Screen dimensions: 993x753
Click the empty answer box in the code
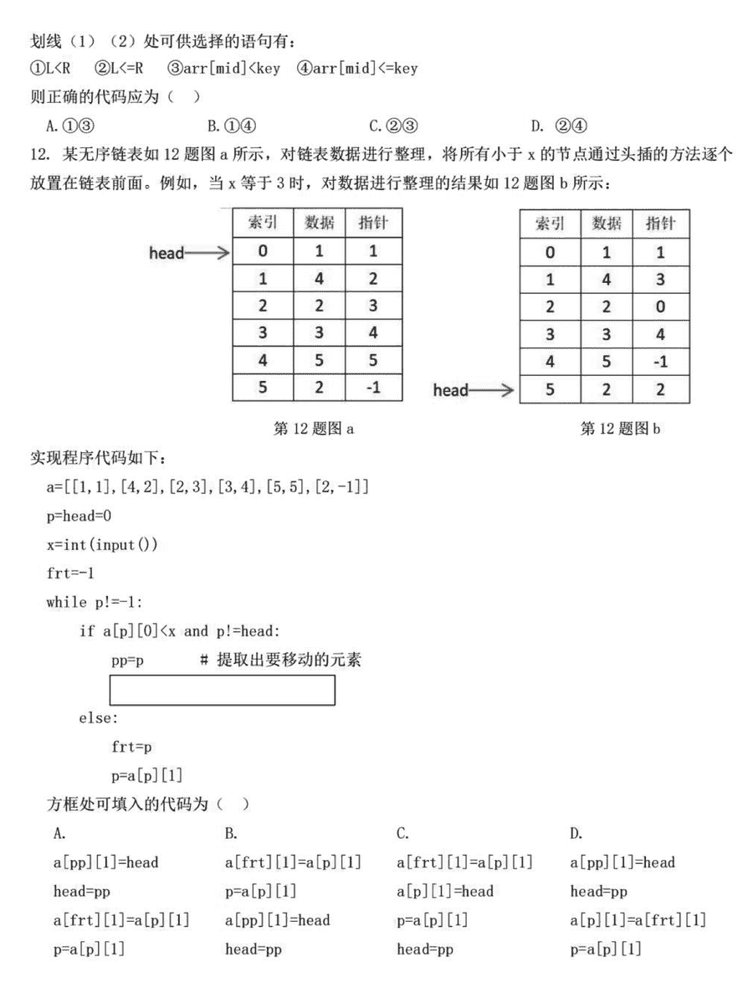tap(223, 689)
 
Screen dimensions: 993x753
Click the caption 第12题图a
tap(314, 429)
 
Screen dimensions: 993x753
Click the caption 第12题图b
tap(619, 429)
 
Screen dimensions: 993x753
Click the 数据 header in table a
tap(319, 223)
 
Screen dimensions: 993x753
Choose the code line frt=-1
tap(73, 574)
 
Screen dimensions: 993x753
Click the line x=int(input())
tap(102, 544)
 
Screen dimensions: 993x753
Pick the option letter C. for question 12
tap(402, 833)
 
